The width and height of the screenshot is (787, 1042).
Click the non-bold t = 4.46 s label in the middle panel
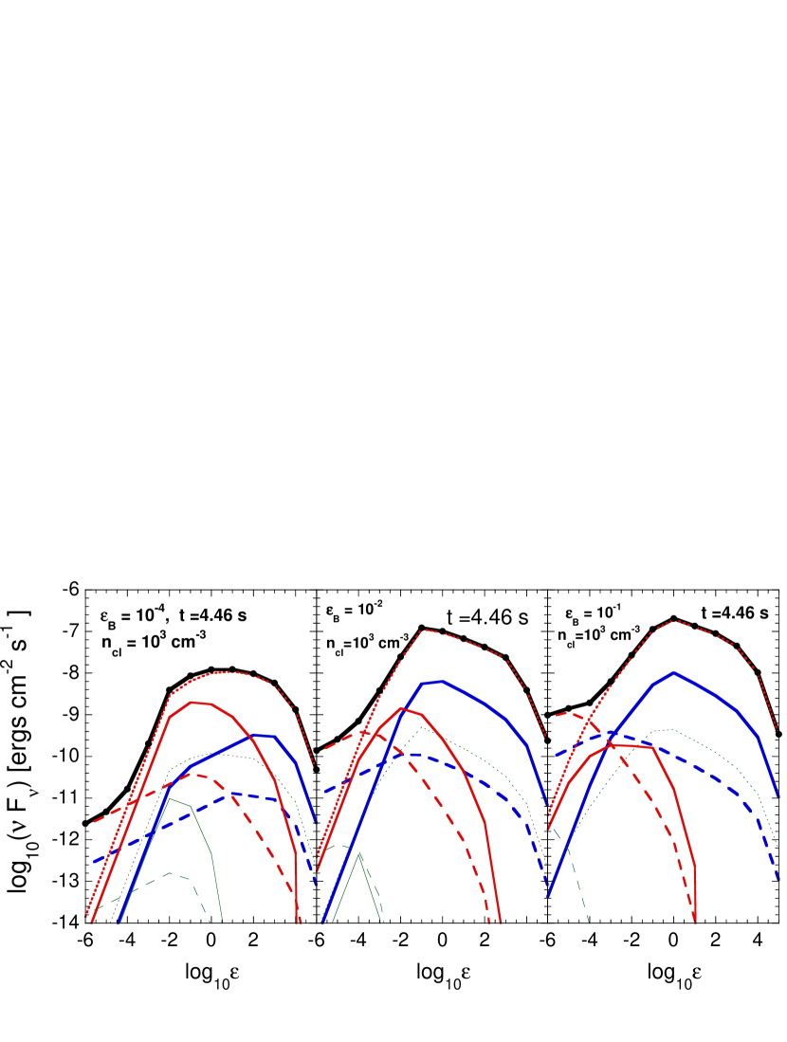486,617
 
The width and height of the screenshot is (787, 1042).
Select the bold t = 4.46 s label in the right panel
735,613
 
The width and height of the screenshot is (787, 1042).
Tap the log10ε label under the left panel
206,974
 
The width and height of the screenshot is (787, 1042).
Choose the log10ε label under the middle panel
437,974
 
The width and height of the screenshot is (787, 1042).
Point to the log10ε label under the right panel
668,974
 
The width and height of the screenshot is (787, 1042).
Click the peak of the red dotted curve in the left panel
224,671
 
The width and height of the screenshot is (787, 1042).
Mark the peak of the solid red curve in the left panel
192,703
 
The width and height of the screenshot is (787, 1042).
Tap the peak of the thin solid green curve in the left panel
170,798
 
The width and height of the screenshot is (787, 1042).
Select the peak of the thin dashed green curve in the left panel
170,872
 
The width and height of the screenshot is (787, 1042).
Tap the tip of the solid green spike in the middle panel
359,853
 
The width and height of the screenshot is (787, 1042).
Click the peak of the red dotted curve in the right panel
673,620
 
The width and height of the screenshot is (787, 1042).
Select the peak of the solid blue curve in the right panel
673,672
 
